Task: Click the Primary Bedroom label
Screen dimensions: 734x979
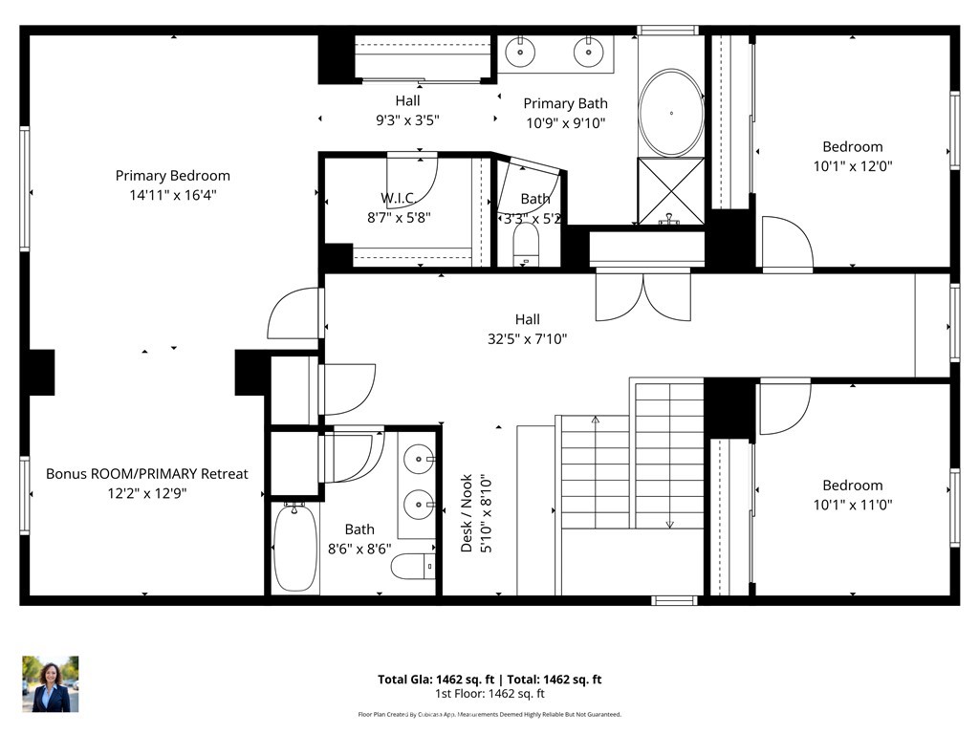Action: (x=172, y=176)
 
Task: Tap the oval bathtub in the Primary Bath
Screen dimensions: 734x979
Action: (x=671, y=113)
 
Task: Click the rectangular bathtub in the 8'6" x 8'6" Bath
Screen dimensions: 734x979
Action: (x=294, y=549)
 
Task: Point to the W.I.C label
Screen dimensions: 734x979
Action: (x=398, y=199)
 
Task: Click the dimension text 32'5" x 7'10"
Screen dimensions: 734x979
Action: (x=527, y=338)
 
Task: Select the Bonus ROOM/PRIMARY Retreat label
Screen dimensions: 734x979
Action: (x=146, y=474)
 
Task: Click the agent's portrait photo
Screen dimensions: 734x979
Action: (x=51, y=684)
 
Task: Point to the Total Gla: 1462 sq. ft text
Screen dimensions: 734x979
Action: (x=434, y=680)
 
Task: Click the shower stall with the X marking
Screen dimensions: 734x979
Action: (x=671, y=191)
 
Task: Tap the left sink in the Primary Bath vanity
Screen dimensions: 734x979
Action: (x=520, y=52)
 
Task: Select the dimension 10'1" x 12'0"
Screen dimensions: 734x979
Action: (x=852, y=165)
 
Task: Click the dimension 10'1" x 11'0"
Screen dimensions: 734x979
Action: (x=852, y=504)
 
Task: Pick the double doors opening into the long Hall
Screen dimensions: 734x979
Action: (x=642, y=296)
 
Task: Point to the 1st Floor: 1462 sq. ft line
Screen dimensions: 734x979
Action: (x=489, y=694)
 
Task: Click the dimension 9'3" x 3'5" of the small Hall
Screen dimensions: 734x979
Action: (x=407, y=119)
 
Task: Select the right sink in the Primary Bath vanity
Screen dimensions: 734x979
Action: (x=588, y=52)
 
